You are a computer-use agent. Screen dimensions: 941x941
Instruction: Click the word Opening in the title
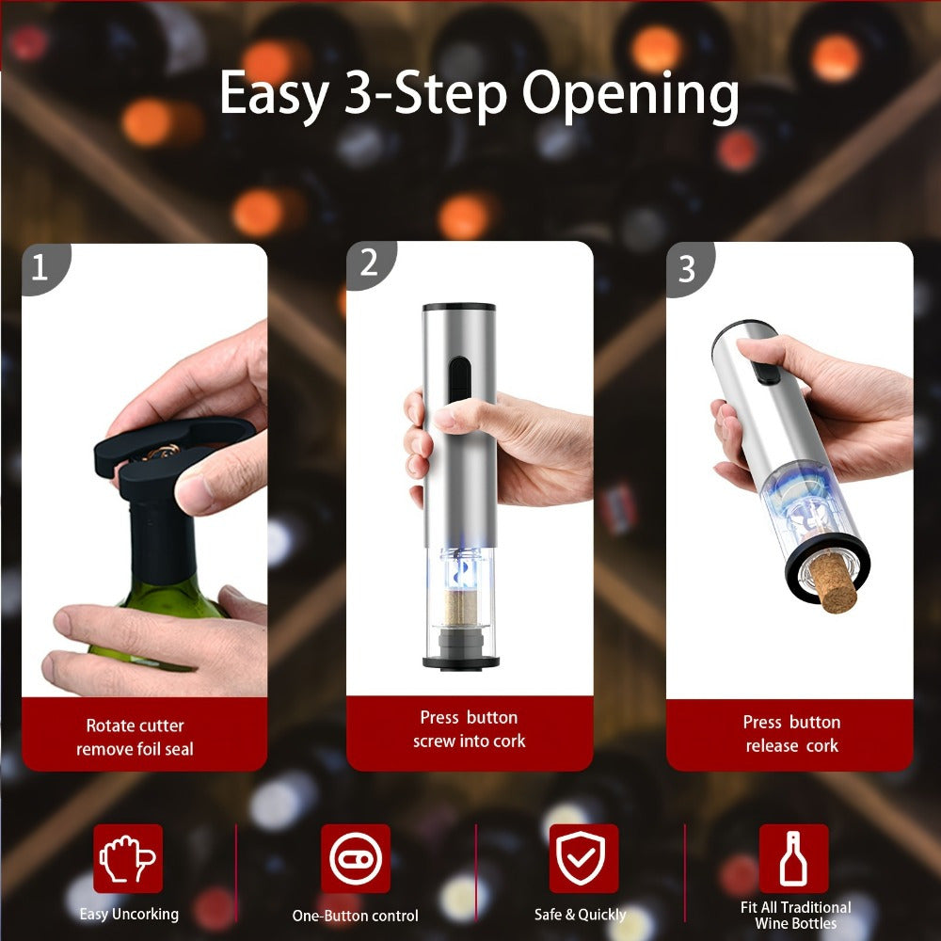[630, 94]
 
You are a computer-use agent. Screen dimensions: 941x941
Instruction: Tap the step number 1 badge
[40, 268]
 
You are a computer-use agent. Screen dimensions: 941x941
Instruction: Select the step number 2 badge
[369, 263]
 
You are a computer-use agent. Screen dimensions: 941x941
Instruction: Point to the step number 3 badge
[687, 268]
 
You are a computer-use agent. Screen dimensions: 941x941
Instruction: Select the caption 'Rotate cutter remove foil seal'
[136, 738]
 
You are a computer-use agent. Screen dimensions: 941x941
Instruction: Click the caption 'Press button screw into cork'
[469, 729]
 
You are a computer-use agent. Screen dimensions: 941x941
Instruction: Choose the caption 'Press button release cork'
[791, 734]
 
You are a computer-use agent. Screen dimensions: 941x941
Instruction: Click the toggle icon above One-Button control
[355, 858]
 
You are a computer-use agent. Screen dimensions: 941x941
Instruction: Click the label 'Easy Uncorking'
[129, 913]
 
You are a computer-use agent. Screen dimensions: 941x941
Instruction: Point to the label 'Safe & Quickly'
[580, 914]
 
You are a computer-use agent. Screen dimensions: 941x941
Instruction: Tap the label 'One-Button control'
[355, 916]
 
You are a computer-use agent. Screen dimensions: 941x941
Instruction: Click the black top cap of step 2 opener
[458, 308]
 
